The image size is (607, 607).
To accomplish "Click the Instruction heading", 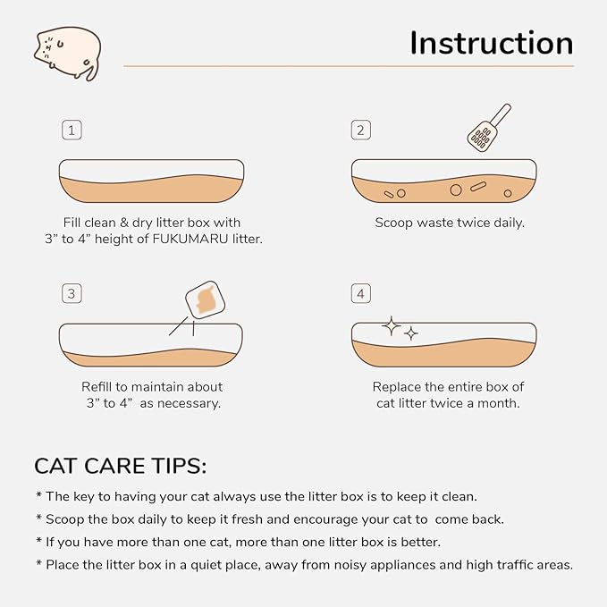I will point(491,43).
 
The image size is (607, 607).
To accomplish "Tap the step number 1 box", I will point(72,131).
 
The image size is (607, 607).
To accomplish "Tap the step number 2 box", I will point(361,131).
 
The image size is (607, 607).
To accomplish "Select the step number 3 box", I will point(72,293).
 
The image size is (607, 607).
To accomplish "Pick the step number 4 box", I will point(361,293).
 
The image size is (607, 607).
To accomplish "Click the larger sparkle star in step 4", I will point(391,326).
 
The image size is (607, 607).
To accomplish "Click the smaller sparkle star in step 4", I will point(411,333).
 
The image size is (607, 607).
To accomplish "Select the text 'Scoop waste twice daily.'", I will point(449,223).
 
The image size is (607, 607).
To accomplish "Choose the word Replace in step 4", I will point(400,387).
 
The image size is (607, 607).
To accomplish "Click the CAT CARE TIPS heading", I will point(120,466).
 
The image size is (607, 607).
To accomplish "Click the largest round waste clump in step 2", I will point(455,190).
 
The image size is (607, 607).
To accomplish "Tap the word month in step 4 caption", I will point(497,403).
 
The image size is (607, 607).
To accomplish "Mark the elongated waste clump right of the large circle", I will point(477,188).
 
